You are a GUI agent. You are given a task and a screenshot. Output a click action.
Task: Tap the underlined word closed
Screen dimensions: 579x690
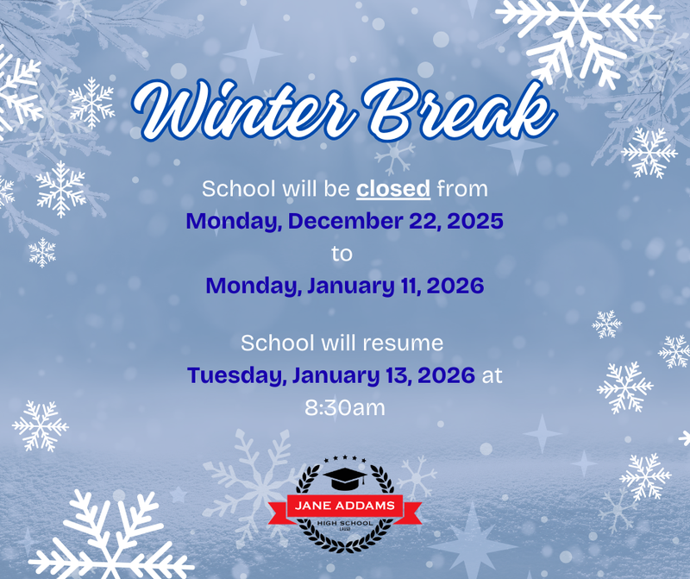pos(393,188)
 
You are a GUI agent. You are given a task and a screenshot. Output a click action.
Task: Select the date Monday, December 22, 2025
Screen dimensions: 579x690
pos(344,221)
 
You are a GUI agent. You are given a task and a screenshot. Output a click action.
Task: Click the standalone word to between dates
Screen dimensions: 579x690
pos(342,254)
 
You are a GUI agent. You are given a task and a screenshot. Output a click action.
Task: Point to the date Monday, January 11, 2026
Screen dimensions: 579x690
pos(344,286)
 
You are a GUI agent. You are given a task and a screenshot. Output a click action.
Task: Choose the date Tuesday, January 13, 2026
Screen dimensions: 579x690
pos(331,375)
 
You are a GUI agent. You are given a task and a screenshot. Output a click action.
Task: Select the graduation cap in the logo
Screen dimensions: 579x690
pos(345,477)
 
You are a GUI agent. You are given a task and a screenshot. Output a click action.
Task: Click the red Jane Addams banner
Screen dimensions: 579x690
pos(345,507)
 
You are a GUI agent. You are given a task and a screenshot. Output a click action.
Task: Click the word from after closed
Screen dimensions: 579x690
pos(462,188)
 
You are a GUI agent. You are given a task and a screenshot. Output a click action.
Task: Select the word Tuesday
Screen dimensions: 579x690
pos(235,375)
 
